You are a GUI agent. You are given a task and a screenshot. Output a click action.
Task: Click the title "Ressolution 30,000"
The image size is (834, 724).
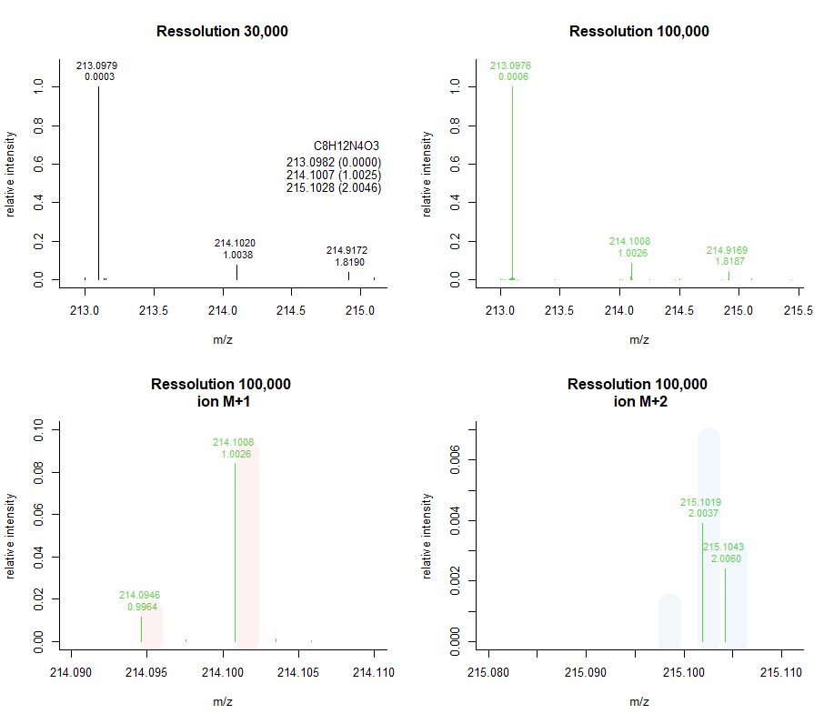(223, 31)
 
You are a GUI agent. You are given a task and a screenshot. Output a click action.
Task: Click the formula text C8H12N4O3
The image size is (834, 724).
(347, 146)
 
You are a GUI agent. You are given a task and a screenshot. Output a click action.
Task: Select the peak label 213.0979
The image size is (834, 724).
(99, 65)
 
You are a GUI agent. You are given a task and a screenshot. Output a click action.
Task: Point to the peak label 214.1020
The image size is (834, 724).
(235, 243)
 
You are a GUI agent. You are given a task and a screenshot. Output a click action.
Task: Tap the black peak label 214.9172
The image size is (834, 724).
(347, 249)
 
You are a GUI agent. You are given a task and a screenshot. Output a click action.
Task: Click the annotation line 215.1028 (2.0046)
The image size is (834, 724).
(334, 188)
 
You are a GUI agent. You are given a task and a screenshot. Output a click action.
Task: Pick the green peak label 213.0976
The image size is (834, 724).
(511, 65)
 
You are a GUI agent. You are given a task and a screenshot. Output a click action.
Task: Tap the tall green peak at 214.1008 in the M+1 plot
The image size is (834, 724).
(236, 546)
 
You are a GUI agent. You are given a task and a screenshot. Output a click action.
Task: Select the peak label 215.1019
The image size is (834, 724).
(700, 501)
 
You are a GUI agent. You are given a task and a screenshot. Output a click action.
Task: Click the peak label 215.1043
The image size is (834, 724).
(723, 547)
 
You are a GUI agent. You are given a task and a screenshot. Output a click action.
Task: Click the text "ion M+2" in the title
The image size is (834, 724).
(637, 400)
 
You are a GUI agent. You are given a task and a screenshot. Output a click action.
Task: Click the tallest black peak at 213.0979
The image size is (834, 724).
(98, 182)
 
